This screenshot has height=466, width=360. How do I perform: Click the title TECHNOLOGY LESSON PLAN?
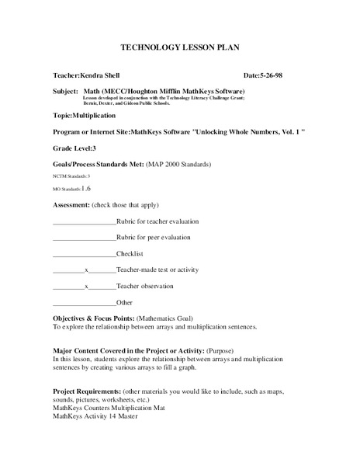pyautogui.click(x=179, y=48)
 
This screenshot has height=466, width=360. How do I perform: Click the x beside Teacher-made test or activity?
pyautogui.click(x=88, y=270)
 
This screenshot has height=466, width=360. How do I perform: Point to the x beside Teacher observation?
pyautogui.click(x=88, y=286)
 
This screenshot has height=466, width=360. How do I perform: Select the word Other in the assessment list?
pyautogui.click(x=125, y=302)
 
